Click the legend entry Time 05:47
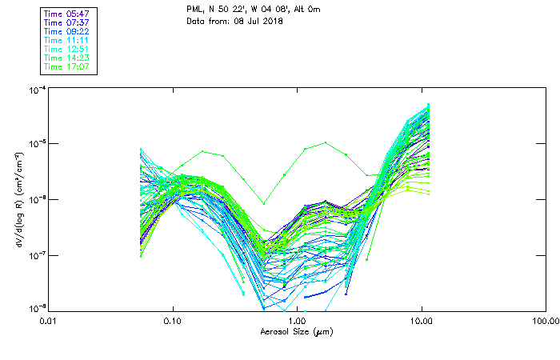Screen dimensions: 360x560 coord(67,14)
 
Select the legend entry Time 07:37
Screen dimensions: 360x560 coord(67,22)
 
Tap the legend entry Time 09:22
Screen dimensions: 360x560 coord(67,31)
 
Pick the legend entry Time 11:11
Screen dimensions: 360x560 coord(67,40)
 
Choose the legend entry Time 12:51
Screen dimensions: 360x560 coord(67,49)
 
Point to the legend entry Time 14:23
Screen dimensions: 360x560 coord(67,58)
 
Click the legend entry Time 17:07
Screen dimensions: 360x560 coord(67,66)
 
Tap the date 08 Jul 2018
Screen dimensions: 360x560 coord(258,21)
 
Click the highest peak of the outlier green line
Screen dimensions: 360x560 coord(326,143)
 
